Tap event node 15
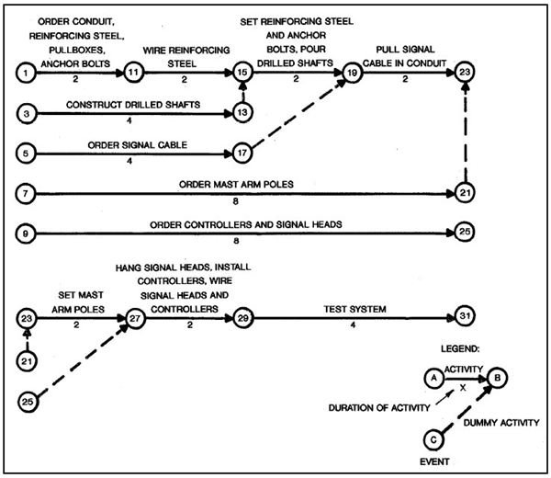pyautogui.click(x=243, y=71)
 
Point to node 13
pyautogui.click(x=243, y=112)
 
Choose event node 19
pyautogui.click(x=352, y=71)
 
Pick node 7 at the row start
pyautogui.click(x=28, y=194)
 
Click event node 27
pyautogui.click(x=136, y=318)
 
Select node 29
pyautogui.click(x=243, y=318)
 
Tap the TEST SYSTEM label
pyautogui.click(x=352, y=307)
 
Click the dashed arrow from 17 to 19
pyautogui.click(x=298, y=111)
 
